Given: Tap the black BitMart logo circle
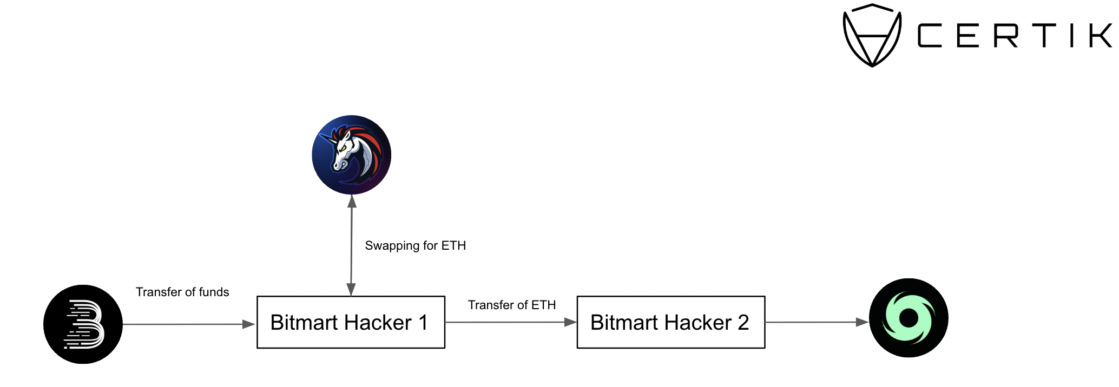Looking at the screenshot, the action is (83, 324).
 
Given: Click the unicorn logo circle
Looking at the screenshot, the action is (352, 155).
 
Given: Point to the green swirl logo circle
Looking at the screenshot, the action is (909, 318).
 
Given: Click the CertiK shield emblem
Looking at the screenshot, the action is (872, 35).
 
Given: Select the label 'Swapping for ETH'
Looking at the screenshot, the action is (415, 246).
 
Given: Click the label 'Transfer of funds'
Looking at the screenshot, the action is (182, 292).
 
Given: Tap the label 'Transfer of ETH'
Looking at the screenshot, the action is (512, 305).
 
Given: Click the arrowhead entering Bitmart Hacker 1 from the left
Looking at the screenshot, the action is (249, 324).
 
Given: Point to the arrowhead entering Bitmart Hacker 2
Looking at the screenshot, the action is (570, 322).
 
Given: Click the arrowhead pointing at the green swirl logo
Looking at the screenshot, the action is (862, 322).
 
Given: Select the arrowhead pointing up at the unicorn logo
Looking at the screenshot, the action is (352, 202).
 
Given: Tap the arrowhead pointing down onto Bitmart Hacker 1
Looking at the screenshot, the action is (351, 289).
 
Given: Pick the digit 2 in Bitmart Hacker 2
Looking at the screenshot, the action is (743, 323).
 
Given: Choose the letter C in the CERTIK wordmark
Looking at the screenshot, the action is (930, 36).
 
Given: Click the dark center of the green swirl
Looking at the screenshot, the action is (909, 318).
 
